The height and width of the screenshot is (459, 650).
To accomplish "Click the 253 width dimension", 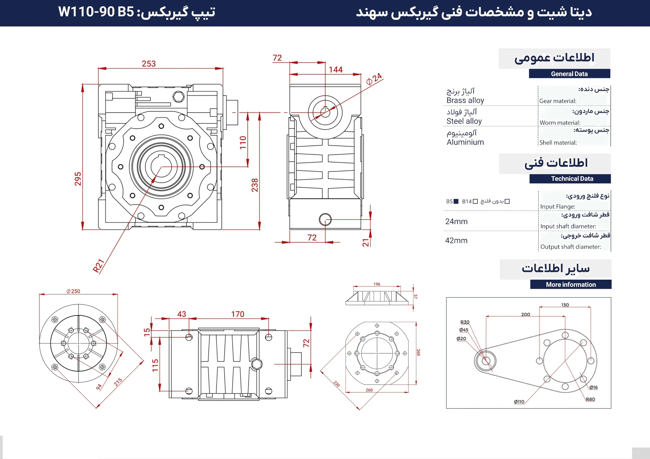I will click(x=149, y=64).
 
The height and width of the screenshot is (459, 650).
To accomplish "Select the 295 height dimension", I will click(x=78, y=179).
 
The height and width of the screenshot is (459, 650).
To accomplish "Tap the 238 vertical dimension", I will click(x=255, y=185).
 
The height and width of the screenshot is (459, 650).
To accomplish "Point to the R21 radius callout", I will click(x=99, y=266).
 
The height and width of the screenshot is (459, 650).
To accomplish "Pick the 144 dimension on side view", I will click(x=335, y=69).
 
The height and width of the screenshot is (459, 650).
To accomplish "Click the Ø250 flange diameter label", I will click(x=73, y=291).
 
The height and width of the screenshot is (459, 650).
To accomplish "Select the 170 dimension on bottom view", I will click(x=237, y=314).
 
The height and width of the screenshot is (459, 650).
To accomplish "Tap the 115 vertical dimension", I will click(x=155, y=365).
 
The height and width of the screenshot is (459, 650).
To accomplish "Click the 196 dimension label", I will click(x=377, y=284).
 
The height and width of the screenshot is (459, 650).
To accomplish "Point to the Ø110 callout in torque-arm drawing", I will click(x=519, y=402).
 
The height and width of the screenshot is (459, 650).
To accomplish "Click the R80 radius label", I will click(x=590, y=399).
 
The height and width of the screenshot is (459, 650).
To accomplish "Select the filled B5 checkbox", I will click(x=456, y=201).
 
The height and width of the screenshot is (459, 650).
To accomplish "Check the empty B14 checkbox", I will click(x=475, y=201).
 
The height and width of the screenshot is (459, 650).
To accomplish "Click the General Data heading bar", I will click(x=569, y=74).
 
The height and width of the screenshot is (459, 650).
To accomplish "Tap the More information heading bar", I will click(x=571, y=285).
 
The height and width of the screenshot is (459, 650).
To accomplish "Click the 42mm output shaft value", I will click(x=456, y=240).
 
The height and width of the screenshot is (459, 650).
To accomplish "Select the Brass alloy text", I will click(x=465, y=100).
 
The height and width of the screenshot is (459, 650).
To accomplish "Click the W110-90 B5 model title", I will click(x=96, y=12).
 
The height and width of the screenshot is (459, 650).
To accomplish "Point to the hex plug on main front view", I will click(x=178, y=97).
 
